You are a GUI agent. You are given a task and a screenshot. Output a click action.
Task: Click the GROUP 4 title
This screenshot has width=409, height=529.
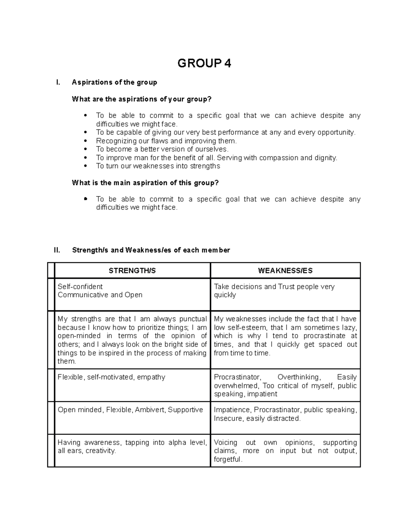204,63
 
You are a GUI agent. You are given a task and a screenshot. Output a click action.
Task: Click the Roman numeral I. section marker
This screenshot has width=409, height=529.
58,82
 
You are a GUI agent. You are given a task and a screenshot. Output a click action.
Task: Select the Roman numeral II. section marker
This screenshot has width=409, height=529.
57,250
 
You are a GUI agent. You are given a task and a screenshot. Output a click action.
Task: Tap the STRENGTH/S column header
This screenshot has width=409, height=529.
132,271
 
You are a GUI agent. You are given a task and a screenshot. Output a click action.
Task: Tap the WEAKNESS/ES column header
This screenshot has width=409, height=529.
285,271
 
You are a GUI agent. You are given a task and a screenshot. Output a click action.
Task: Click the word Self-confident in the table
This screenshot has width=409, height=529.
80,286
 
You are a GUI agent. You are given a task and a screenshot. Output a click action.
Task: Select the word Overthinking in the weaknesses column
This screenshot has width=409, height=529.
299,377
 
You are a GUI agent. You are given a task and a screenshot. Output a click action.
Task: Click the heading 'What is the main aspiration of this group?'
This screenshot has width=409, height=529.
145,183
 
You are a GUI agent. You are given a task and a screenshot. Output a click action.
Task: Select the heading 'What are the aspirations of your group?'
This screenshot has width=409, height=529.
142,99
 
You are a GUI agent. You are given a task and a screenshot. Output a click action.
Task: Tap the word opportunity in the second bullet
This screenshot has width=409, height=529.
336,133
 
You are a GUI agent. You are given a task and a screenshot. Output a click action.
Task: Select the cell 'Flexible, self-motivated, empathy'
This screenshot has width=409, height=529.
111,377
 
